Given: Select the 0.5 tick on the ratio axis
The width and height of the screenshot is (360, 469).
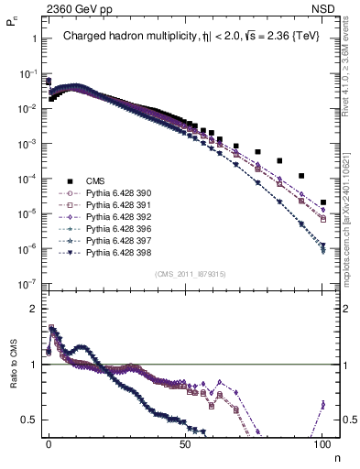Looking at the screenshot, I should click(x=29, y=420).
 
